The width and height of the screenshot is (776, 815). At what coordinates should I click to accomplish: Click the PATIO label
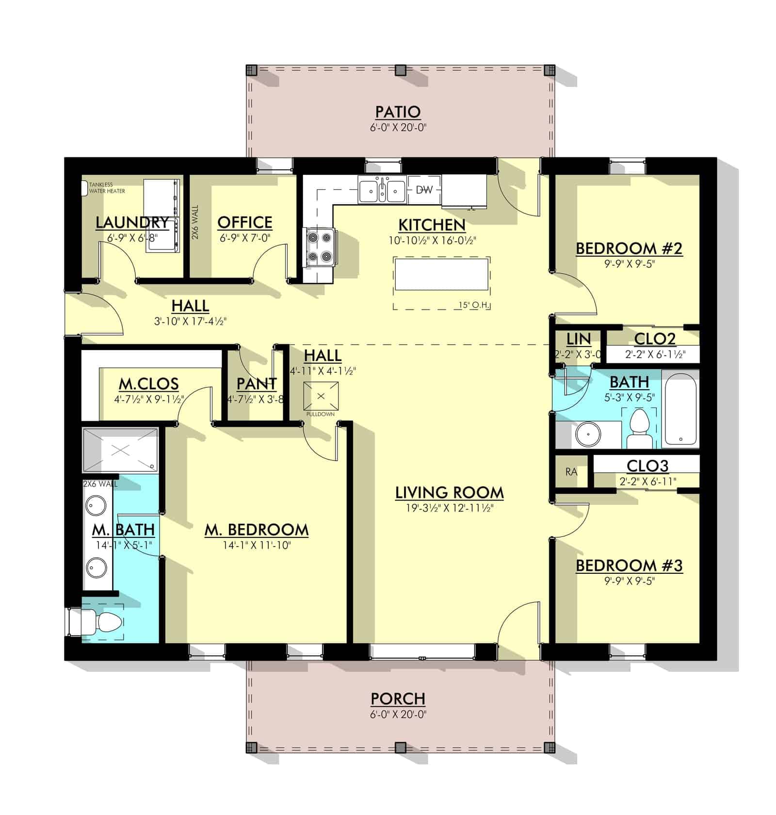click(398, 112)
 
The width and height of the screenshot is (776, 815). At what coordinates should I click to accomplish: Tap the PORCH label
click(398, 699)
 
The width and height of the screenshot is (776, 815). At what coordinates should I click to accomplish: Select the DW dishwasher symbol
click(424, 189)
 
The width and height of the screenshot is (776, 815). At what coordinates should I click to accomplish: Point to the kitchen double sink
click(382, 189)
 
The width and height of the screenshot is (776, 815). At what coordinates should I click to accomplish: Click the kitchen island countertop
click(441, 274)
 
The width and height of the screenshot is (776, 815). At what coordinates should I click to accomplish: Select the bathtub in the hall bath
click(680, 409)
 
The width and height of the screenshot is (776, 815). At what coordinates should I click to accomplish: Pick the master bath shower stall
click(120, 449)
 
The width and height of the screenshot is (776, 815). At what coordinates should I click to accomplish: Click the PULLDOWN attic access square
click(321, 396)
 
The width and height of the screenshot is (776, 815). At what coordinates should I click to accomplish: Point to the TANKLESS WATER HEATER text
click(107, 188)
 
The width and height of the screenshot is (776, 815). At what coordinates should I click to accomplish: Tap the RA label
click(571, 471)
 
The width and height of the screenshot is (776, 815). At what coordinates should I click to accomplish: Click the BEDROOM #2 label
click(629, 249)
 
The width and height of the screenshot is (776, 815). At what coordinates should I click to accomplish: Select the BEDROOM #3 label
click(629, 566)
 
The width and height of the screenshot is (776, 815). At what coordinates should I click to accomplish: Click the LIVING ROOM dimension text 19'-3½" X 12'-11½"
click(450, 508)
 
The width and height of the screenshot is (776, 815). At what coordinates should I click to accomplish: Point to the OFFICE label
click(244, 222)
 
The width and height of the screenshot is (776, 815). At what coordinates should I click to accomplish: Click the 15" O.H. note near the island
click(475, 305)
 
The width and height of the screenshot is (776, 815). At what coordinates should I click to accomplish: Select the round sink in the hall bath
click(588, 434)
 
